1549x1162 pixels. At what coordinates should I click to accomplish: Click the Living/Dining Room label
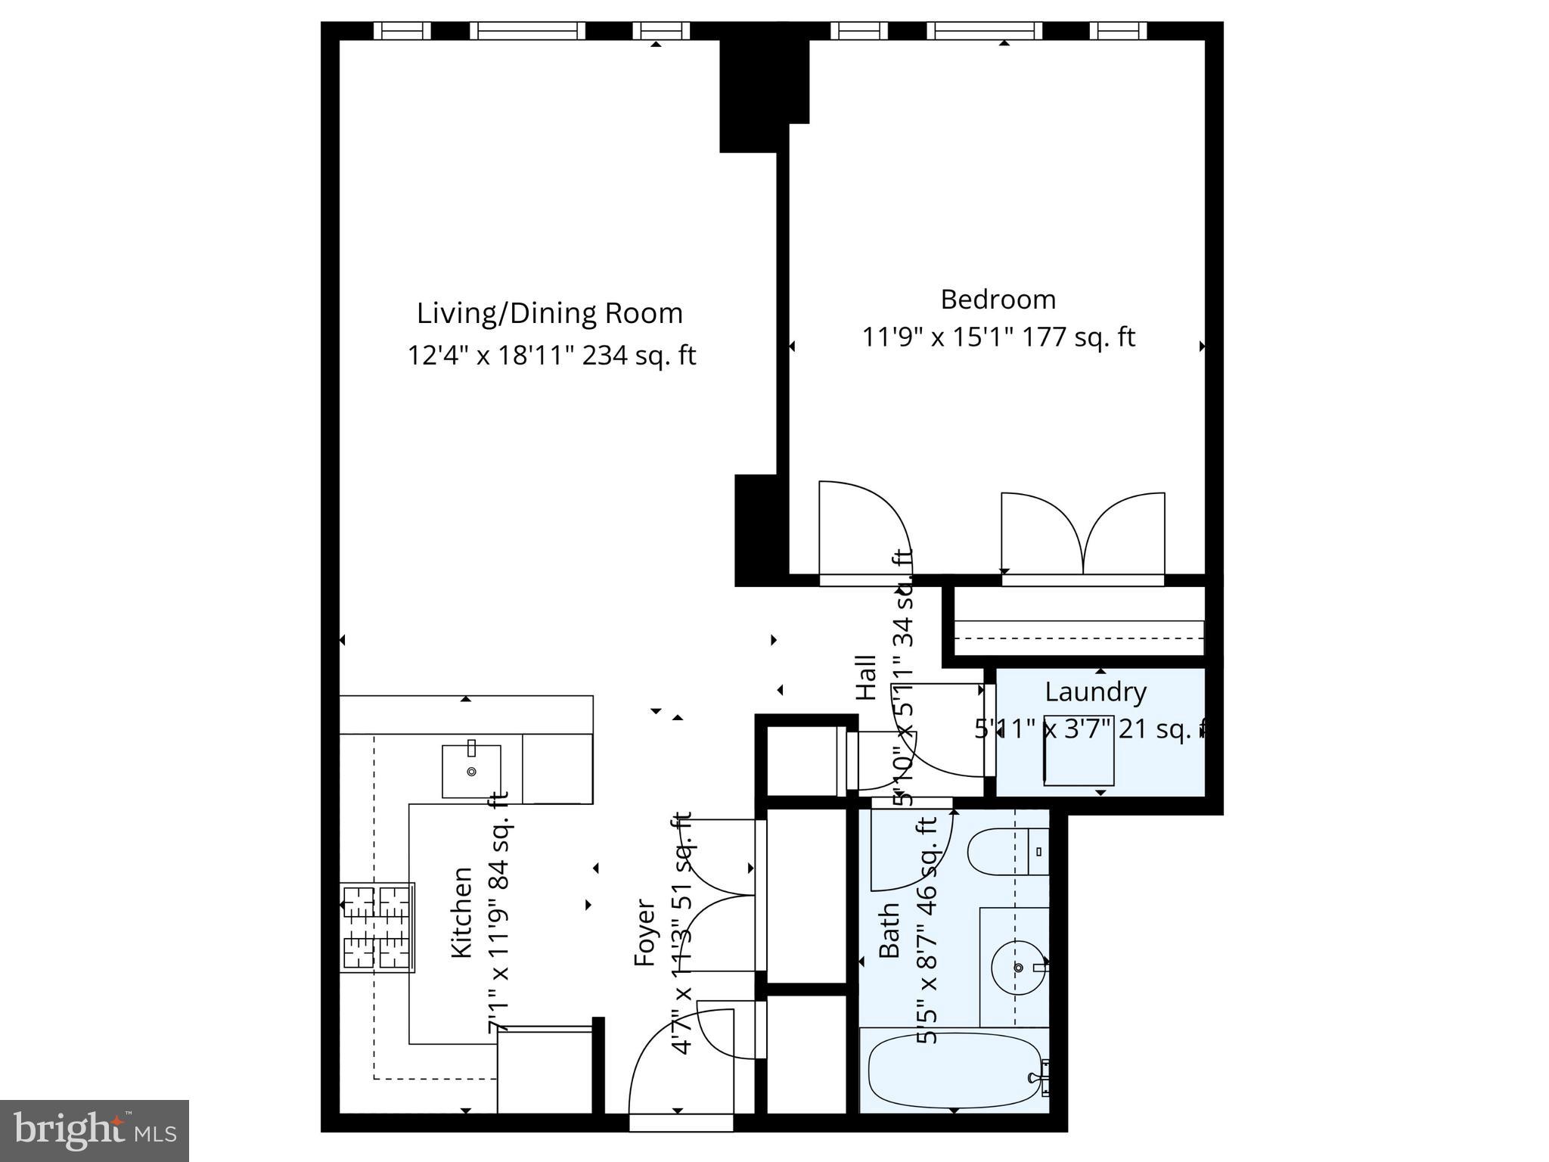pos(550,313)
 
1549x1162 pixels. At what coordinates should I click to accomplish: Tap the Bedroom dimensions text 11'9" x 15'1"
pos(937,337)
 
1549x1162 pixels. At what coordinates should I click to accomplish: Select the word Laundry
pos(1095,691)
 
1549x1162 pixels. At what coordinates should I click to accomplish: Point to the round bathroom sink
pos(1017,968)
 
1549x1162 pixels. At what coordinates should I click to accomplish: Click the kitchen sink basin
pos(471,771)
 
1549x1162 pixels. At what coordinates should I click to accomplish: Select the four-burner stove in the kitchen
pos(377,927)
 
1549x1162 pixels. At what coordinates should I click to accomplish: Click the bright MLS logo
pos(95,1130)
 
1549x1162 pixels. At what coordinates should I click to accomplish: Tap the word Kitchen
pos(461,912)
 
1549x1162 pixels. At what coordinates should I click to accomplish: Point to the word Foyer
pos(644,932)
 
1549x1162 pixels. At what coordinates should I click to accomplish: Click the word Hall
pos(866,677)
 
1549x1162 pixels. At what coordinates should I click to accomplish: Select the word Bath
pos(889,931)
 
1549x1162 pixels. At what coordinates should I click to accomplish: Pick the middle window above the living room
pos(527,31)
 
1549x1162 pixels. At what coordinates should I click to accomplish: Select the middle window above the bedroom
pos(985,31)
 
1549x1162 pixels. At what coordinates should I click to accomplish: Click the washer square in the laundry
pos(1079,750)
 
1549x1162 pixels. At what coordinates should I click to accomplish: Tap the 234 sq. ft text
pos(638,356)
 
